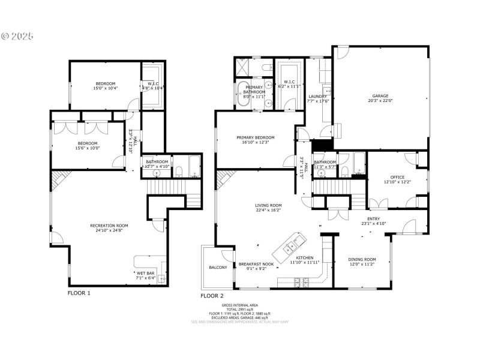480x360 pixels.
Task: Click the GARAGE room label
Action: [x=380, y=95]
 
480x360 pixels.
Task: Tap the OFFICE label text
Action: [x=397, y=176]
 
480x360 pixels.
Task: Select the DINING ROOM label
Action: [x=362, y=259]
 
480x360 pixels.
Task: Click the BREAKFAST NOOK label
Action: [x=256, y=263]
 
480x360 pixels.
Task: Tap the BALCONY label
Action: [x=218, y=267]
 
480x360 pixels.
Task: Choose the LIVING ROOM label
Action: [x=268, y=205]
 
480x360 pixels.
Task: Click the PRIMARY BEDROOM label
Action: [x=255, y=137]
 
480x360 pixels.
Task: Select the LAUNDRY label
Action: [x=317, y=96]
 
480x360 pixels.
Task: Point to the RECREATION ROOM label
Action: [x=109, y=226]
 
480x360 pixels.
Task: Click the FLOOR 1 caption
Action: [x=79, y=293]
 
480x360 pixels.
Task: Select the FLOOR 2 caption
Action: [x=212, y=295]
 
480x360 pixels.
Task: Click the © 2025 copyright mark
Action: [x=17, y=36]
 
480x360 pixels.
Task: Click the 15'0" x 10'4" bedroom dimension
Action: [x=105, y=88]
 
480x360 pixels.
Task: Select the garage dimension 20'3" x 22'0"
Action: [x=380, y=101]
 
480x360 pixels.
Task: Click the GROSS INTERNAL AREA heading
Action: [x=248, y=305]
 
